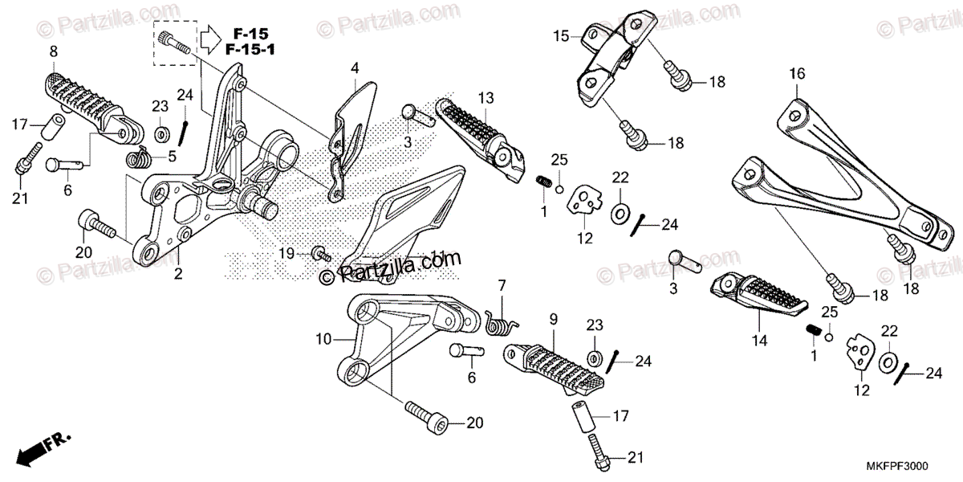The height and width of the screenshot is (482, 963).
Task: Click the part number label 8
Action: (54, 52)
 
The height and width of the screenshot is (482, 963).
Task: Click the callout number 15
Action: (560, 35)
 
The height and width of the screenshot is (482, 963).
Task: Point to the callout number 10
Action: (323, 340)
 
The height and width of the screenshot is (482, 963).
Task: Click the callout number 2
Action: (178, 275)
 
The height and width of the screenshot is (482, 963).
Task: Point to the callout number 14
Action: (760, 341)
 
